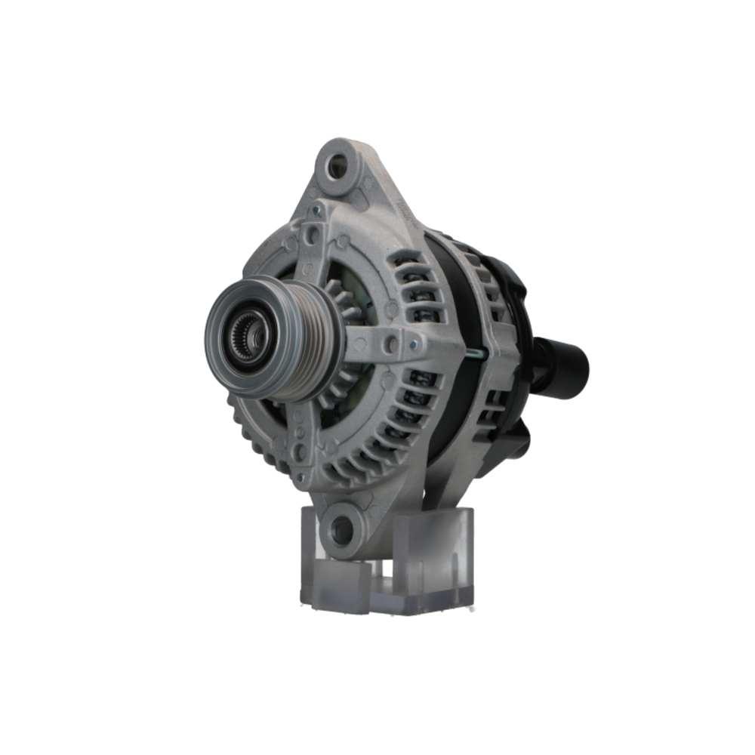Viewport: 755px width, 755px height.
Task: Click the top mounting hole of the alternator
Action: (337, 162)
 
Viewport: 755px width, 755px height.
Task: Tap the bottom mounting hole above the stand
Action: (342, 531)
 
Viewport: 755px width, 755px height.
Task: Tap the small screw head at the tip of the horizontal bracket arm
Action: (413, 345)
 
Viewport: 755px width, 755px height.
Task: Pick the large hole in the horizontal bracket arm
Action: (391, 344)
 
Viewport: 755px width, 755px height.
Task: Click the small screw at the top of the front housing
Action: (318, 212)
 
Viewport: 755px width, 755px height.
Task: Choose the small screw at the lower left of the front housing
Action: (301, 477)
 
